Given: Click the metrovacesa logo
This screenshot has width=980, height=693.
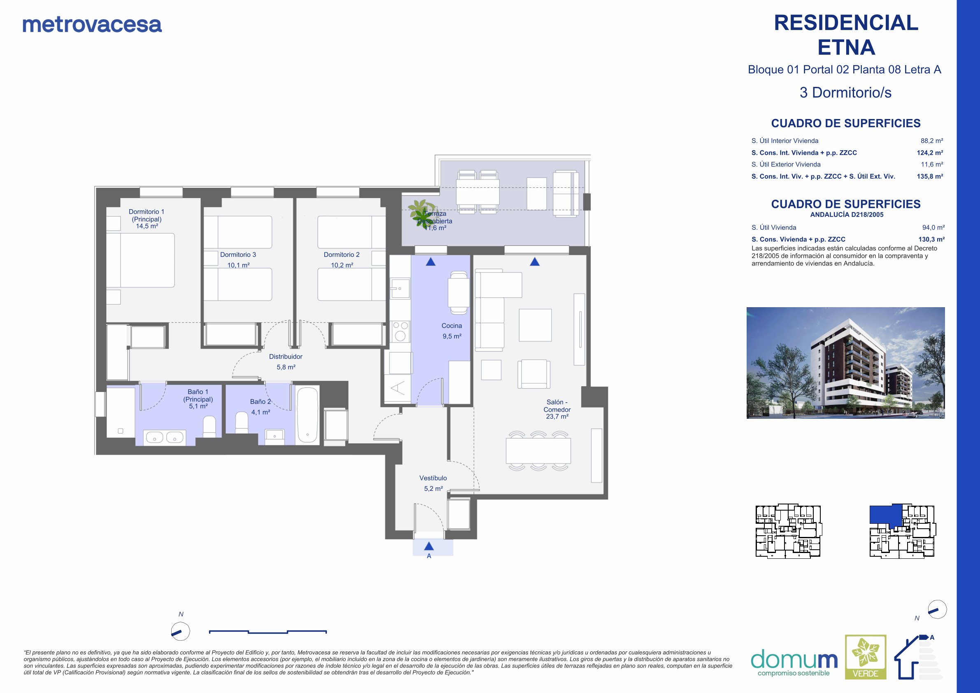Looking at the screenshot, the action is tap(92, 25).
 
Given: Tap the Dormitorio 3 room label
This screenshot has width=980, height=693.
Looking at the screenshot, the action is tap(238, 254).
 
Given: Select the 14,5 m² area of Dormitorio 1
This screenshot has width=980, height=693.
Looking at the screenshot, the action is tap(147, 226).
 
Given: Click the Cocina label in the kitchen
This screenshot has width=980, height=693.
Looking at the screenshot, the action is tap(452, 326).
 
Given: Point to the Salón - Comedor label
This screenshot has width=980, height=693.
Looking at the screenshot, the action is tap(557, 406).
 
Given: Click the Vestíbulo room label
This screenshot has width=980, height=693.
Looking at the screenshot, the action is tap(433, 478).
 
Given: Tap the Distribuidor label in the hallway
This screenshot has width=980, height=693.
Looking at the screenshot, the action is tap(286, 357).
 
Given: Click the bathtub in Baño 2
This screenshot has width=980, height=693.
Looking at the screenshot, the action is tap(307, 415).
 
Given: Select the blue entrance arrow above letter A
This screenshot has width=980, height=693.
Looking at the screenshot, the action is tap(429, 546).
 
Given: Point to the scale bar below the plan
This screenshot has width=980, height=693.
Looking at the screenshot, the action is tap(268, 632).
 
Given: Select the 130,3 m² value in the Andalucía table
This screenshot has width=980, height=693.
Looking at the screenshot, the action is tap(931, 240).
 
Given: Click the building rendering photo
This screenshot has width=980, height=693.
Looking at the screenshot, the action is tap(845, 363).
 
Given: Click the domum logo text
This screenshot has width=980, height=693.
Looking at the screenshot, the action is tap(794, 660).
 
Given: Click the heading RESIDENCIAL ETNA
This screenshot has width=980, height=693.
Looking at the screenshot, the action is tap(846, 35).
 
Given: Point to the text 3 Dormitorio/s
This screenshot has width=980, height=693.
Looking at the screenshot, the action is tap(845, 93).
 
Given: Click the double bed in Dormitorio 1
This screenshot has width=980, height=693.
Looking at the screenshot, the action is tap(140, 260).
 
